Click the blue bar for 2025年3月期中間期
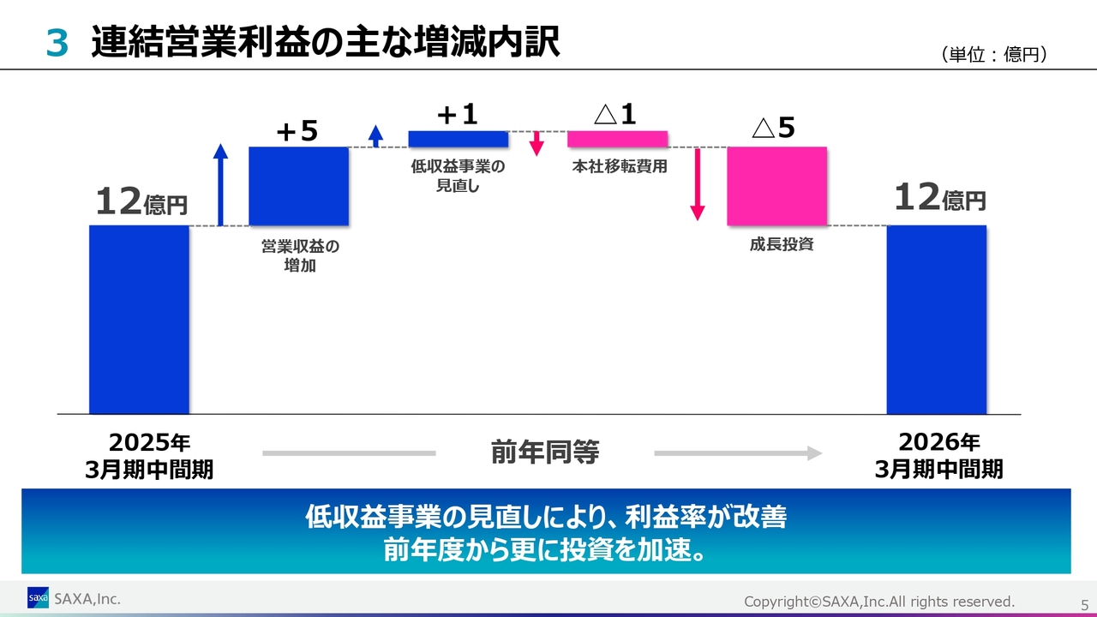coord(139,320)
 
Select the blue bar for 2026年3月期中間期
coord(937,320)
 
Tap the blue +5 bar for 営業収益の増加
coord(299,186)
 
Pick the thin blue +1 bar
coord(459,139)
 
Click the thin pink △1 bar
coord(618,139)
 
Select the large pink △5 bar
coord(777,186)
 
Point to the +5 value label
coord(297,131)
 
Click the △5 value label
coord(773,128)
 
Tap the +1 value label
coord(458,115)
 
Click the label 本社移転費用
coord(620,166)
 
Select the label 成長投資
coord(782,244)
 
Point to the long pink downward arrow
coord(698,184)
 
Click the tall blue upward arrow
coord(220,184)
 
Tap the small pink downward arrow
coord(537,143)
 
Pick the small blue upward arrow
coord(375,136)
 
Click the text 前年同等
coord(545,452)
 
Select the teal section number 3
coord(57,43)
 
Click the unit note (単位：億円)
coord(993,54)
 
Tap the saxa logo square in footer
coord(38,597)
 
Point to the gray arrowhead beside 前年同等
coord(814,453)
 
